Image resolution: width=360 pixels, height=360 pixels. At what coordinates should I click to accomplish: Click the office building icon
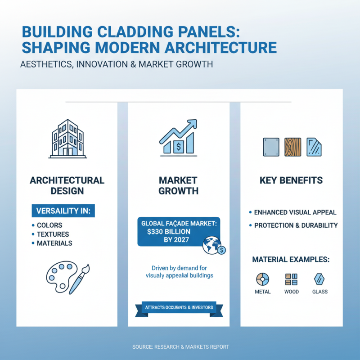click(67, 138)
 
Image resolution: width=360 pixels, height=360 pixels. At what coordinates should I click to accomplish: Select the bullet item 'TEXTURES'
click(53, 234)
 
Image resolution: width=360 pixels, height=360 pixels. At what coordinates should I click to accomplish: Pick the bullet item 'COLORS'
click(49, 225)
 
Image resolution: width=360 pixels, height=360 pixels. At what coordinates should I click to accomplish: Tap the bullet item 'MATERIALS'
click(54, 243)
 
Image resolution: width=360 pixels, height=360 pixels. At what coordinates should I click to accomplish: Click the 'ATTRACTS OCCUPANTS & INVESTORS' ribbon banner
click(179, 308)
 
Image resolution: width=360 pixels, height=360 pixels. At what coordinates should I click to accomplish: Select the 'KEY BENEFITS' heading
click(291, 180)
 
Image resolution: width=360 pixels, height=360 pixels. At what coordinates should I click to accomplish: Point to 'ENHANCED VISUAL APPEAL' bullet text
click(295, 212)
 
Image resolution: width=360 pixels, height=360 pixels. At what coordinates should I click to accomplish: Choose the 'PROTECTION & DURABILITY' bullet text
click(296, 225)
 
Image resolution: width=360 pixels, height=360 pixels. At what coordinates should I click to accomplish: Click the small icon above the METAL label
click(263, 279)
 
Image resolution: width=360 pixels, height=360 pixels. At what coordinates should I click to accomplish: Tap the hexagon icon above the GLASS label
click(319, 279)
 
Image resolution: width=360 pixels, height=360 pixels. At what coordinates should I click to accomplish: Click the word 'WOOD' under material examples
click(291, 292)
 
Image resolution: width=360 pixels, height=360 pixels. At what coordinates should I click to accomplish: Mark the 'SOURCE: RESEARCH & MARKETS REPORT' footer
click(180, 347)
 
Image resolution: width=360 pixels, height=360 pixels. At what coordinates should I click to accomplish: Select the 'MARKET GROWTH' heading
click(179, 185)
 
